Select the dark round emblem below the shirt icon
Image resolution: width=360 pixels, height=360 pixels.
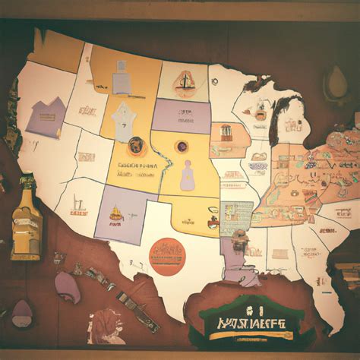(137, 145)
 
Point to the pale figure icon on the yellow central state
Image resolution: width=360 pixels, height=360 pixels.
(188, 176)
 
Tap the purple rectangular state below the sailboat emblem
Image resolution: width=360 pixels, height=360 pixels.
(181, 115)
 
